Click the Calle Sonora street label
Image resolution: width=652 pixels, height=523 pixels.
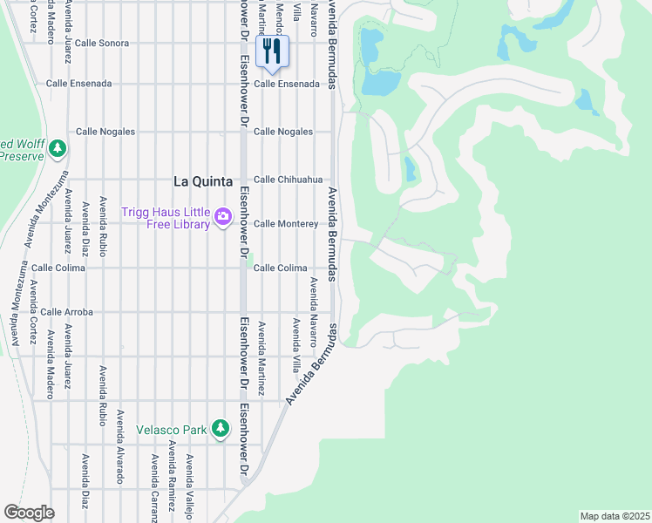click(101, 43)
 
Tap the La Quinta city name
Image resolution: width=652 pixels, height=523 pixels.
click(203, 181)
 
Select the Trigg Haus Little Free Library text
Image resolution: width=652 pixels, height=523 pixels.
click(178, 218)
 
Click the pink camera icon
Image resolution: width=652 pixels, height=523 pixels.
click(223, 216)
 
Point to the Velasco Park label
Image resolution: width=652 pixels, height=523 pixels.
click(172, 430)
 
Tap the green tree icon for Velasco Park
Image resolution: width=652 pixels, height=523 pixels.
click(221, 427)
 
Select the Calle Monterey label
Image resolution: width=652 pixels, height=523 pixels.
click(285, 224)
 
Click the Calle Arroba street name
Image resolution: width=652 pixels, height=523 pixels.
click(66, 311)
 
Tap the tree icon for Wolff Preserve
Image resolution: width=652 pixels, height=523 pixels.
click(58, 148)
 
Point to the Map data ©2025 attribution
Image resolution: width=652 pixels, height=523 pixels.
click(615, 516)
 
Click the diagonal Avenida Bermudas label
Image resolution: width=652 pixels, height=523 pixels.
click(310, 364)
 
